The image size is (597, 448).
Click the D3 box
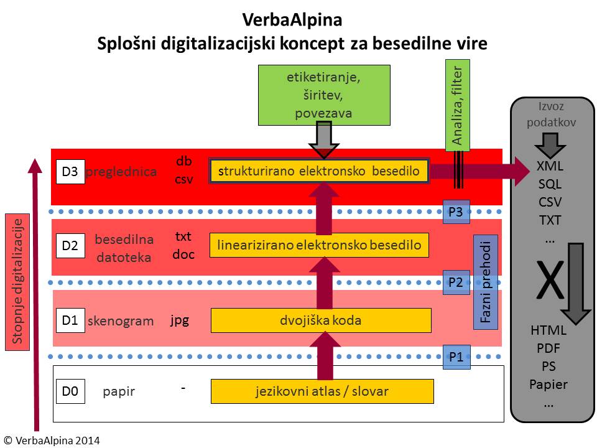point(70,172)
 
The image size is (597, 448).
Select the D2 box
point(70,246)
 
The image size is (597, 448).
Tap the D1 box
point(70,320)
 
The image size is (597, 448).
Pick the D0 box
point(70,391)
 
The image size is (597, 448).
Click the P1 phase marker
point(456,357)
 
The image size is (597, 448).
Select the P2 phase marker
point(456,282)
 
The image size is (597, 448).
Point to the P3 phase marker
point(456,212)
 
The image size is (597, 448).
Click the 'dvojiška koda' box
point(321,321)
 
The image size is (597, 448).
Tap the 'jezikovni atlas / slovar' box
point(322,391)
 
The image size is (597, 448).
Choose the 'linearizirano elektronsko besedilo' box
point(320,245)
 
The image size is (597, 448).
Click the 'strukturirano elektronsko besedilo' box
point(320,171)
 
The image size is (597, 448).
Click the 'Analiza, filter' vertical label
point(458,106)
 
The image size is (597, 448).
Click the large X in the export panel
point(549,281)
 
